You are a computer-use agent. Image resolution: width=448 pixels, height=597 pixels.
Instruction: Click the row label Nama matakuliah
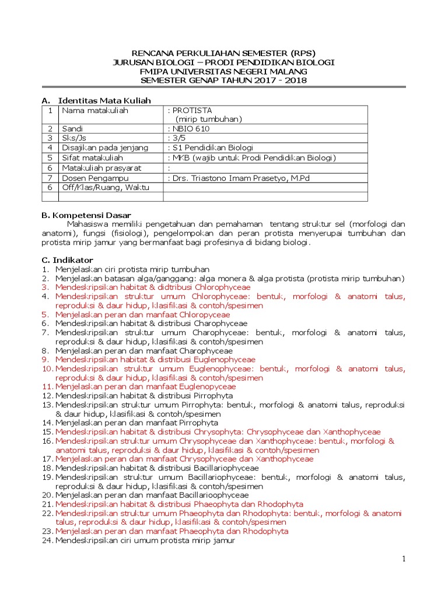(95, 110)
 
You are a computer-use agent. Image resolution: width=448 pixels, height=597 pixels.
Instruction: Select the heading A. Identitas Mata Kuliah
(96, 101)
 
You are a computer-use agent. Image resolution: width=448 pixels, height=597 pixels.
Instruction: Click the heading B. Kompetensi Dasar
(86, 215)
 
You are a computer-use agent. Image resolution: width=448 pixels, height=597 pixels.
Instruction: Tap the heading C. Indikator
(67, 259)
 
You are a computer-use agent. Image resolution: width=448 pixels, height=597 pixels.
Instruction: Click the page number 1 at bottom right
(403, 560)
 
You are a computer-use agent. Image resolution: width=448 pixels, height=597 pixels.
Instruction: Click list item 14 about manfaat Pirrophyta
(136, 423)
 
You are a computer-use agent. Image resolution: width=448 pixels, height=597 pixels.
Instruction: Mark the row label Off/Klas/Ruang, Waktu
(106, 187)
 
